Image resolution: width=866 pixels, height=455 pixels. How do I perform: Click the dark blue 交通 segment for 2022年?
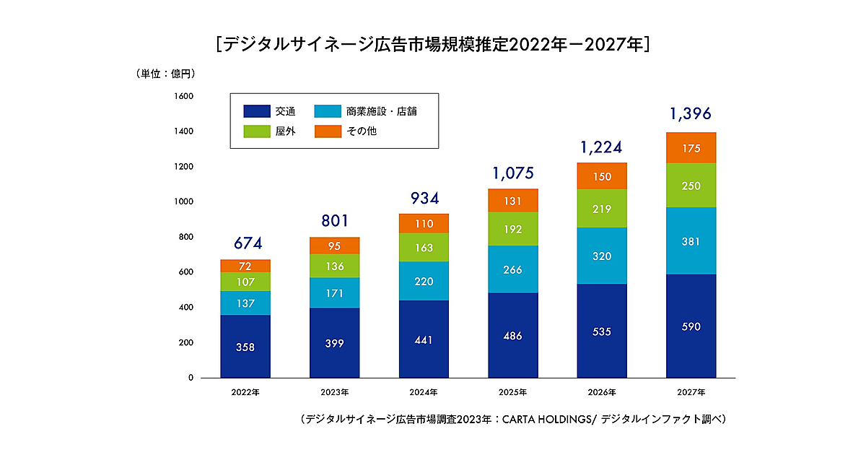[x=245, y=346]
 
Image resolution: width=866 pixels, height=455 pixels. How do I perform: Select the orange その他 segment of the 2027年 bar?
[x=691, y=148]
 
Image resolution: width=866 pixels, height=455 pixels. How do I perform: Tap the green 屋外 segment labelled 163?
[x=424, y=248]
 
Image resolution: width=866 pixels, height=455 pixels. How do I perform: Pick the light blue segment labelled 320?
[x=602, y=256]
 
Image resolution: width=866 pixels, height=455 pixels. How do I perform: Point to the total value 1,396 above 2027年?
[x=691, y=113]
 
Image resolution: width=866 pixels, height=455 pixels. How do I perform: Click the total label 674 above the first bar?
[x=245, y=243]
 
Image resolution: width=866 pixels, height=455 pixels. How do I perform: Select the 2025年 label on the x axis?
[x=513, y=392]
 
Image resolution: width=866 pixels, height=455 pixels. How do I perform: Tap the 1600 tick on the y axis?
[x=183, y=96]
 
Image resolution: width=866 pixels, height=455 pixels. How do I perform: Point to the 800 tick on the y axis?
[x=186, y=237]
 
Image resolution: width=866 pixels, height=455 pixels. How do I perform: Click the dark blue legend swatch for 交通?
[x=256, y=111]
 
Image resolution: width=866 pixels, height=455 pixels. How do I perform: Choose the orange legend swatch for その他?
[x=328, y=131]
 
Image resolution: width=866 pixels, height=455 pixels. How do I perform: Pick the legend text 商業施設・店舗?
[x=381, y=111]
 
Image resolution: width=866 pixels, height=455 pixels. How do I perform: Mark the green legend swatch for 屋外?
[x=256, y=131]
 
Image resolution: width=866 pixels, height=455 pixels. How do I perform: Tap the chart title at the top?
[x=433, y=45]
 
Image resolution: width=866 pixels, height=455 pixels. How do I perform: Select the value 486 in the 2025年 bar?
[x=513, y=336]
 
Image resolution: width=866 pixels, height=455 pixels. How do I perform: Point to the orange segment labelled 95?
[x=334, y=246]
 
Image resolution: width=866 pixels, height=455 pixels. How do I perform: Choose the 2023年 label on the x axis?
[x=334, y=392]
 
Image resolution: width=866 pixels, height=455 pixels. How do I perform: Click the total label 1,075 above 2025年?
[x=513, y=173]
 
